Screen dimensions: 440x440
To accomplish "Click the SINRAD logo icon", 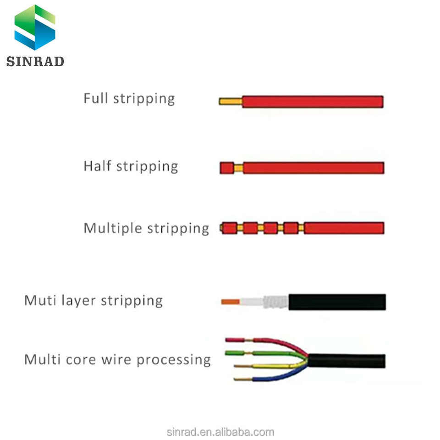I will tap(35, 27).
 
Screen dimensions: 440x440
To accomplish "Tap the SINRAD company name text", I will tap(35, 61).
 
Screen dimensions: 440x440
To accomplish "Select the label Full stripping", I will tap(129, 99).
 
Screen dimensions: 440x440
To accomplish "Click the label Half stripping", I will tap(131, 166).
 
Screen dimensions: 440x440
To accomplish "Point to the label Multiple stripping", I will tap(146, 228).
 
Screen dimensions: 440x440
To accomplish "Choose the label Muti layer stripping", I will tap(93, 301).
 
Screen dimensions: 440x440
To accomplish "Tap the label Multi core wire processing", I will tap(117, 359).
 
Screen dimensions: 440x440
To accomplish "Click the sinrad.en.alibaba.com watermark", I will tap(220, 432).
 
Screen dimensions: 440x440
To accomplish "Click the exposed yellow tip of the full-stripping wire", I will tap(230, 101).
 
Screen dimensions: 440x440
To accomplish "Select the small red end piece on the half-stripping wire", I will tap(226, 168).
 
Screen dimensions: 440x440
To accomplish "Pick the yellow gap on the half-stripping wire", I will tap(238, 168).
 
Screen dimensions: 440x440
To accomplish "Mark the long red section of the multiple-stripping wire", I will tap(344, 228).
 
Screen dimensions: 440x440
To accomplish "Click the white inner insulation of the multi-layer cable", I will tap(251, 302).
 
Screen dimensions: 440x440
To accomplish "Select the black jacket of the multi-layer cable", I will tap(337, 302).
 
